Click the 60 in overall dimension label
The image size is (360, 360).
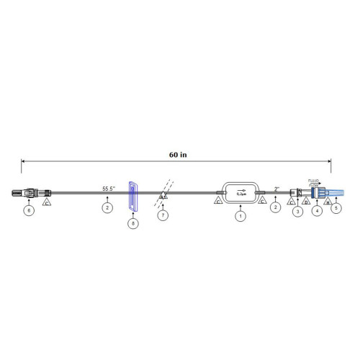(x=178, y=153)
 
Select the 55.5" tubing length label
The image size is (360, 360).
(x=110, y=188)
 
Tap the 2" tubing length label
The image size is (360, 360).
(x=276, y=189)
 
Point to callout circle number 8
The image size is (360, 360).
(x=132, y=222)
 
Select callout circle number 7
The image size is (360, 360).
(x=163, y=215)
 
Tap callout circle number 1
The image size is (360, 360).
(x=239, y=215)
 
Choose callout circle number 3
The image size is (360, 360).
(x=297, y=211)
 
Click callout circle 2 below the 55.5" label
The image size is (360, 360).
(x=107, y=207)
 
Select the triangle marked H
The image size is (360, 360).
(x=328, y=202)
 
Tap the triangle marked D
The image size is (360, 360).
(x=305, y=202)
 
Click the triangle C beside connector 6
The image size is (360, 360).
(x=48, y=204)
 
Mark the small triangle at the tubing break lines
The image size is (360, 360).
(x=164, y=196)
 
